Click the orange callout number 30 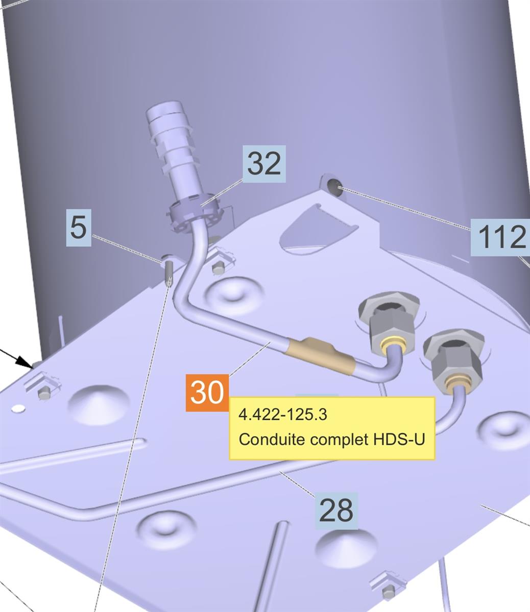[x=207, y=393]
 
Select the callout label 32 [x=264, y=164]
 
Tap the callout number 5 [x=79, y=227]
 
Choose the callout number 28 [x=336, y=511]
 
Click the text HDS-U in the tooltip [x=399, y=439]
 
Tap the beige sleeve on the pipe [x=319, y=355]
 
